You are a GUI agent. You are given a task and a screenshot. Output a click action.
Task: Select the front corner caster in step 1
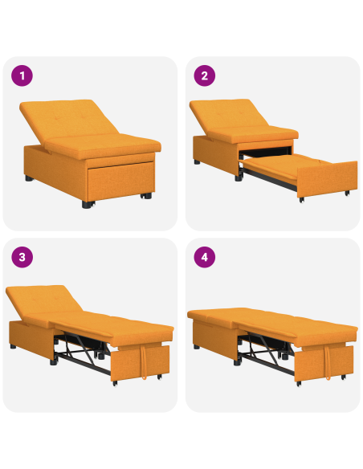click(x=86, y=206)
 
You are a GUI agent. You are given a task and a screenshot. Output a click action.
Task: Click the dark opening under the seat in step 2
click(x=265, y=152)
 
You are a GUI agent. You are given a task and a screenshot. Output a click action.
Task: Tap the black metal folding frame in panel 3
click(x=80, y=353)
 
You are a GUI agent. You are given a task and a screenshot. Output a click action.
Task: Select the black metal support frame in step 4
click(x=265, y=353)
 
